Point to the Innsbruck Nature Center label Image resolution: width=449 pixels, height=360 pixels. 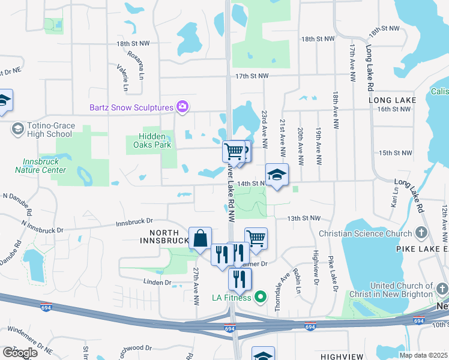(x=44, y=166)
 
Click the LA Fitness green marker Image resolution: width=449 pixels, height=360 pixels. (x=261, y=296)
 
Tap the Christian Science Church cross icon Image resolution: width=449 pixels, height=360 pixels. (x=421, y=233)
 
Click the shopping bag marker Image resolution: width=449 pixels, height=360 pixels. (x=200, y=238)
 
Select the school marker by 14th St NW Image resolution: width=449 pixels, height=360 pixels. (x=277, y=175)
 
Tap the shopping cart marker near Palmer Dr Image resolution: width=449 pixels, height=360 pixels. (x=256, y=238)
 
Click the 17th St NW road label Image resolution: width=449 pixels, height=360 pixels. (x=252, y=76)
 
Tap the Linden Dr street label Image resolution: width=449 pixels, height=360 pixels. (x=157, y=282)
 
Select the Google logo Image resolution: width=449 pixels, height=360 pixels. (x=20, y=353)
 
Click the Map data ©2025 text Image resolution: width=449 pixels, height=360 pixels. (x=423, y=355)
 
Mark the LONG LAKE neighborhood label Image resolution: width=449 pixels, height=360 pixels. (x=393, y=100)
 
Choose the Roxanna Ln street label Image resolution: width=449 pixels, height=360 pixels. (x=136, y=64)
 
